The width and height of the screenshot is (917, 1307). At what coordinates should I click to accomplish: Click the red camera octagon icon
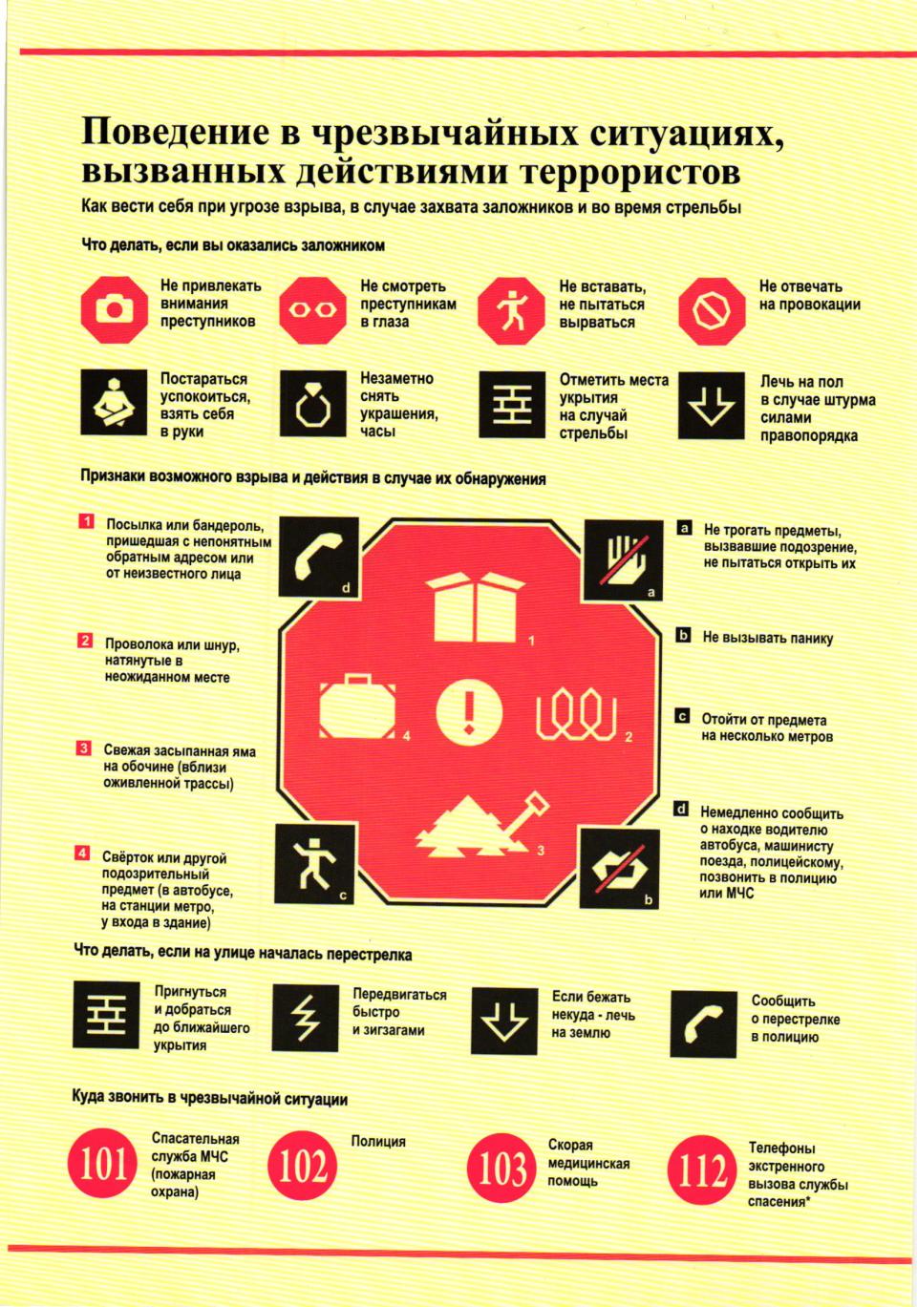pyautogui.click(x=114, y=310)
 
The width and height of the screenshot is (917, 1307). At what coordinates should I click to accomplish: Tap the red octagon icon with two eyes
pyautogui.click(x=313, y=310)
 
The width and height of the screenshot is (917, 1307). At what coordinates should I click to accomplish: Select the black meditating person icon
pyautogui.click(x=114, y=402)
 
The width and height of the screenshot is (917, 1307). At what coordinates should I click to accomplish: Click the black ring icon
pyautogui.click(x=313, y=403)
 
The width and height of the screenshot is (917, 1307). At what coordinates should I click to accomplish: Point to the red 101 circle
pyautogui.click(x=102, y=1165)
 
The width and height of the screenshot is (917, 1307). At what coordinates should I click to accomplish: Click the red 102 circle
pyautogui.click(x=302, y=1165)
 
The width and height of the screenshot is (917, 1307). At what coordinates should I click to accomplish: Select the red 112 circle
pyautogui.click(x=701, y=1170)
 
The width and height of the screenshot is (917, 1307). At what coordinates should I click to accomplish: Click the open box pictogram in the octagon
pyautogui.click(x=475, y=606)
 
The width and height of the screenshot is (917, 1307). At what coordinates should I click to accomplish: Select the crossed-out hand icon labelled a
pyautogui.click(x=623, y=560)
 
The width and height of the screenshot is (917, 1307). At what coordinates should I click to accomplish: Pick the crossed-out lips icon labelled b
pyautogui.click(x=619, y=869)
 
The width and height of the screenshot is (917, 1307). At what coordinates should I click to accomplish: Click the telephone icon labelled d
pyautogui.click(x=318, y=557)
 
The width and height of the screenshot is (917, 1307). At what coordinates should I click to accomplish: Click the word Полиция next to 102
pyautogui.click(x=378, y=1141)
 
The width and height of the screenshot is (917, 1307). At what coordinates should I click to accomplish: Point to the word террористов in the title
pyautogui.click(x=630, y=173)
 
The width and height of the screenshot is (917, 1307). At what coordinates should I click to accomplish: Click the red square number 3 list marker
pyautogui.click(x=83, y=748)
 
